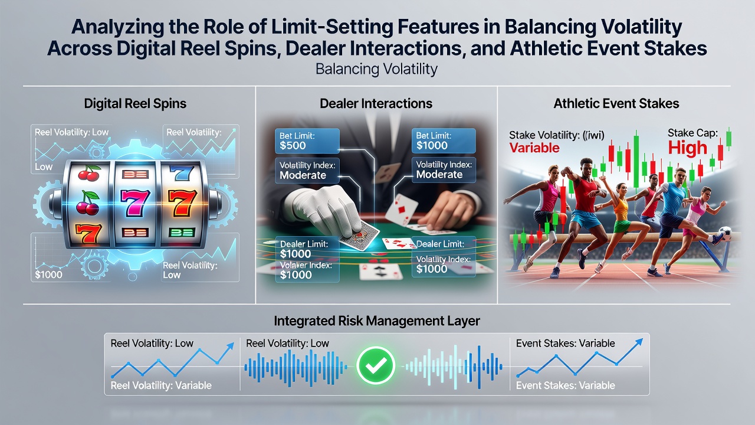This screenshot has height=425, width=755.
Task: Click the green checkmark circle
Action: [376, 365]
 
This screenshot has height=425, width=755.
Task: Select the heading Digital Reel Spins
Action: [135, 103]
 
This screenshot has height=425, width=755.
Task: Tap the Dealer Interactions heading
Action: [376, 103]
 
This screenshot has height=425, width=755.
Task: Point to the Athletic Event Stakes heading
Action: [616, 103]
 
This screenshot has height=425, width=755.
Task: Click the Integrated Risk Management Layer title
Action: [377, 321]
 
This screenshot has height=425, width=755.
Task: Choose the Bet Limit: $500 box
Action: [307, 141]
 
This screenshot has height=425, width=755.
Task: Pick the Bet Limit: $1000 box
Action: [444, 141]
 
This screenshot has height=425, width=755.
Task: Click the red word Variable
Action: [534, 148]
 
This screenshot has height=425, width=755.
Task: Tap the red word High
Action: [687, 148]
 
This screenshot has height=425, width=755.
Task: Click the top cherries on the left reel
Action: [89, 173]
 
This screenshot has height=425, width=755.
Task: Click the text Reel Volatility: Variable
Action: [161, 385]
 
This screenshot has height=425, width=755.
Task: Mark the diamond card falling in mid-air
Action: [402, 210]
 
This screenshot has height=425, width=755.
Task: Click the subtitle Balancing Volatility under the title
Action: [376, 70]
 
